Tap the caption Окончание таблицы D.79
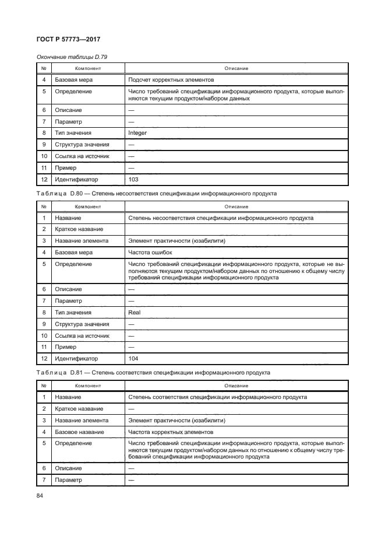pyautogui.click(x=72, y=57)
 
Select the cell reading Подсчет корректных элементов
pyautogui.click(x=171, y=79)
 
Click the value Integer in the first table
pyautogui.click(x=137, y=133)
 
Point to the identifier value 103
pyautogui.click(x=133, y=179)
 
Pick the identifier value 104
pyautogui.click(x=133, y=358)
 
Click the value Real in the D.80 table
pyautogui.click(x=134, y=312)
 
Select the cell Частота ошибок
pyautogui.click(x=151, y=253)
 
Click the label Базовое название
pyautogui.click(x=80, y=432)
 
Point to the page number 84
pyautogui.click(x=41, y=496)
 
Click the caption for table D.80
pyautogui.click(x=157, y=193)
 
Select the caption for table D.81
pyautogui.click(x=153, y=372)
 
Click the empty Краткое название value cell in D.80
pyautogui.click(x=236, y=229)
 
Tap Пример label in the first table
pyautogui.click(x=69, y=167)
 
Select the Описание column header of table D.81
pyautogui.click(x=236, y=386)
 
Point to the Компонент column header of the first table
pyautogui.click(x=87, y=68)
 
